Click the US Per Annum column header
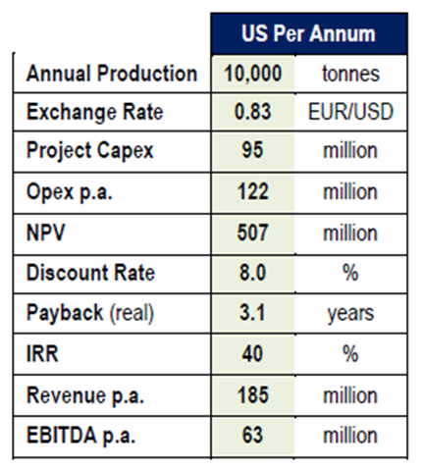pyautogui.click(x=308, y=33)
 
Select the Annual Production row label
pyautogui.click(x=112, y=73)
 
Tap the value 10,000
pyautogui.click(x=252, y=74)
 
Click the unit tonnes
pyautogui.click(x=350, y=74)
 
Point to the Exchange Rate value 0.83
pyautogui.click(x=252, y=112)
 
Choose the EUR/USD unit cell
pyautogui.click(x=350, y=112)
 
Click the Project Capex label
pyautogui.click(x=89, y=151)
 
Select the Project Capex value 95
pyautogui.click(x=252, y=150)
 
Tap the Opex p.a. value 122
pyautogui.click(x=252, y=191)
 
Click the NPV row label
pyautogui.click(x=45, y=233)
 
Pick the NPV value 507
pyautogui.click(x=252, y=233)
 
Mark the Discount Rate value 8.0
pyautogui.click(x=252, y=273)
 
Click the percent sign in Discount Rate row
pyautogui.click(x=350, y=273)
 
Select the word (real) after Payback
pyautogui.click(x=132, y=313)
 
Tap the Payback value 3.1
pyautogui.click(x=252, y=312)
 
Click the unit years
pyautogui.click(x=350, y=314)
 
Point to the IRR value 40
pyautogui.click(x=252, y=353)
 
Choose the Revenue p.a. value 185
pyautogui.click(x=252, y=394)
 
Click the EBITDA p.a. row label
pyautogui.click(x=80, y=436)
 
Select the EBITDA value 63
pyautogui.click(x=252, y=435)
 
